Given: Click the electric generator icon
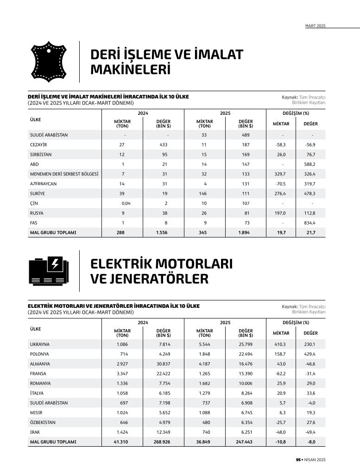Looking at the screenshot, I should (48, 270).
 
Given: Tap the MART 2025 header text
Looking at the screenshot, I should (315, 26).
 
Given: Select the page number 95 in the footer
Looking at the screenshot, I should (298, 460).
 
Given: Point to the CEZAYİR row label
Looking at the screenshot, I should (38, 145).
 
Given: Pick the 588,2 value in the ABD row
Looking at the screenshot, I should (310, 164).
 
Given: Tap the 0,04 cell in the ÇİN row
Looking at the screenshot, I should (126, 203).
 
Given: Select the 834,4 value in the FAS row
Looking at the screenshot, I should (310, 223).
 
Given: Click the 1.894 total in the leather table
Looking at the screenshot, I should (244, 232).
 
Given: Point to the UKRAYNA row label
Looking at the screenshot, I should (40, 344).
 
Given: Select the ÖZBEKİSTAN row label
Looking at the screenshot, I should (43, 422).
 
